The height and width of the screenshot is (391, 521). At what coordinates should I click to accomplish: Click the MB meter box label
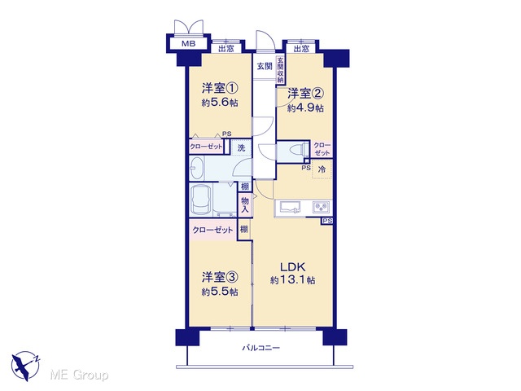(188, 43)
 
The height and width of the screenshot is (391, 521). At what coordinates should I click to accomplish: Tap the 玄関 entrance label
(265, 66)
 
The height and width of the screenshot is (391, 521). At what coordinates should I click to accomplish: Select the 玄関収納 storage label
(280, 70)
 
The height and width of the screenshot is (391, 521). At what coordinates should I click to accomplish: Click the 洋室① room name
(220, 89)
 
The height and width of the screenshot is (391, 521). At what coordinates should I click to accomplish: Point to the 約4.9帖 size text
(305, 108)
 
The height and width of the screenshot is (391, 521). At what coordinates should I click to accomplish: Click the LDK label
(292, 267)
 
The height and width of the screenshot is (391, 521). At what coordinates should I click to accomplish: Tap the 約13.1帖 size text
(293, 280)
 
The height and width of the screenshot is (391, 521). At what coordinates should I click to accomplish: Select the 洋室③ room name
(220, 277)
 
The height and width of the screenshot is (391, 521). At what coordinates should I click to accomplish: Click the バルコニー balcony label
(260, 348)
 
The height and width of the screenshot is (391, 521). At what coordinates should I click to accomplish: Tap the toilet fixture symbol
(299, 149)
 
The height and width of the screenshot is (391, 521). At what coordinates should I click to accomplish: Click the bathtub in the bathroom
(201, 200)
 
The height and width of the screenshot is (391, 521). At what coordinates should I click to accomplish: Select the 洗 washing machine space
(241, 147)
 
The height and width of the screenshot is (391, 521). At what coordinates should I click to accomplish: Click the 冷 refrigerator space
(322, 169)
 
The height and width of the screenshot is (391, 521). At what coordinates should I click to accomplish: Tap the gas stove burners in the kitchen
(322, 208)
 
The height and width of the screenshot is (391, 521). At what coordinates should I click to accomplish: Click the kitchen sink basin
(290, 207)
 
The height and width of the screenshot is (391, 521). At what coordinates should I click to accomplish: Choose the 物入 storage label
(245, 205)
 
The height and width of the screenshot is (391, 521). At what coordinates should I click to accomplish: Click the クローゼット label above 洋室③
(212, 230)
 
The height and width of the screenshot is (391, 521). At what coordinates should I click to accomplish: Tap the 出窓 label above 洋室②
(301, 49)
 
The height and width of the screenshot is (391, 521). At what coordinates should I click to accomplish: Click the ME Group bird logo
(25, 366)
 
